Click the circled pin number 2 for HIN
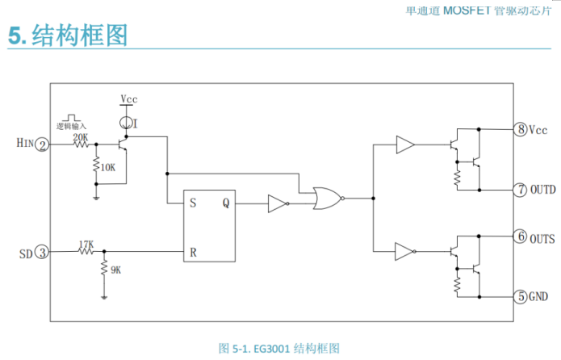(43, 144)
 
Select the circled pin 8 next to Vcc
(521, 129)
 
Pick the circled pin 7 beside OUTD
(521, 190)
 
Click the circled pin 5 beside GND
(521, 296)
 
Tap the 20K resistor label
(81, 137)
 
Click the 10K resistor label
(107, 167)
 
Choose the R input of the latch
(193, 252)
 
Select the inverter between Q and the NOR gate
(277, 204)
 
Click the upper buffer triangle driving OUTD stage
(405, 145)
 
